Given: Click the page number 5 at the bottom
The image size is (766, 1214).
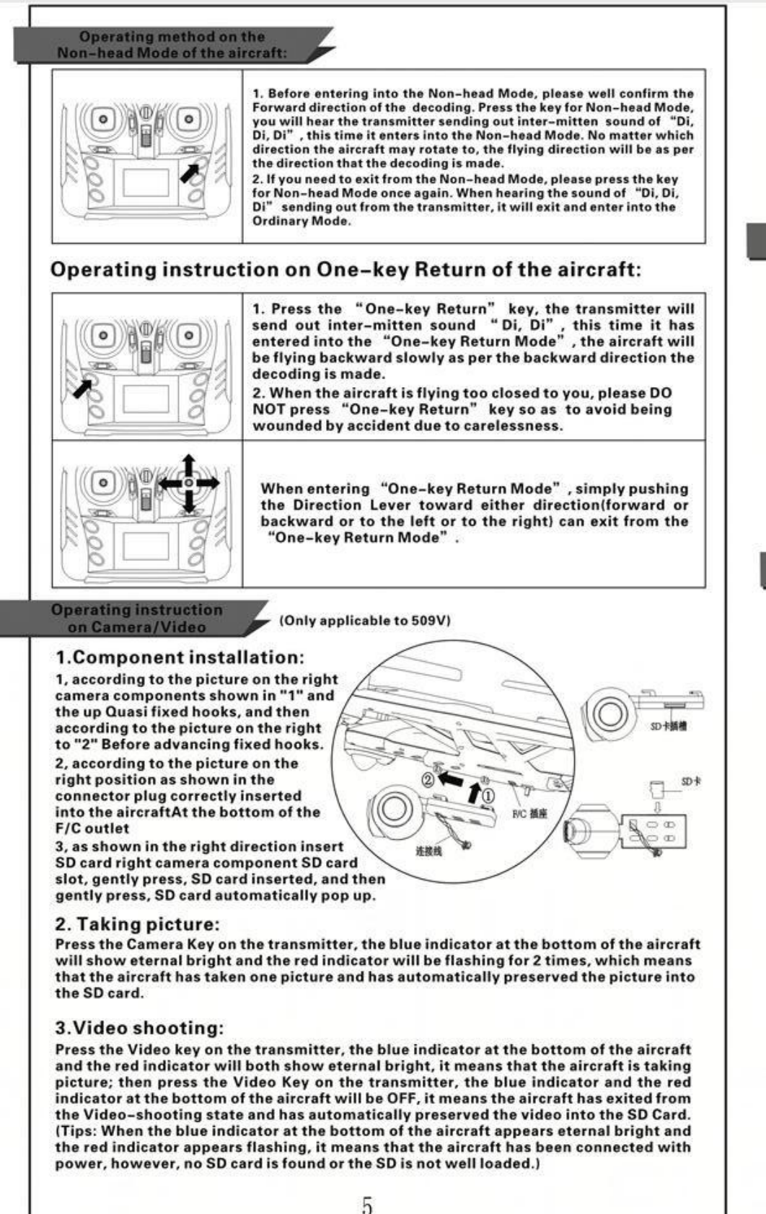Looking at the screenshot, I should coord(367,1205).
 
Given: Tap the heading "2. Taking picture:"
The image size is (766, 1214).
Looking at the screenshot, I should coord(137,924).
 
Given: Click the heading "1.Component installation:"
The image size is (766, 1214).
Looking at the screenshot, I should coord(180,657).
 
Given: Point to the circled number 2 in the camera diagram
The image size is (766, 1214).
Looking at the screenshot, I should coord(427,780).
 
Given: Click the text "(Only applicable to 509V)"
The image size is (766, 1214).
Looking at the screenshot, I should coord(365,621).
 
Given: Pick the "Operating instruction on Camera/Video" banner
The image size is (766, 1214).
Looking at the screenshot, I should coord(137,619).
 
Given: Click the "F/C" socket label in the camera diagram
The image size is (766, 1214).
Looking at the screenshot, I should coord(529,814).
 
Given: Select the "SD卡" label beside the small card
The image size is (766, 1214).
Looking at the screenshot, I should coord(690,781).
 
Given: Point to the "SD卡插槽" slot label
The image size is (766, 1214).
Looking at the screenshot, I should coord(668,726).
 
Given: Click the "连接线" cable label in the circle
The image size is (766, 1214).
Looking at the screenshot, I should coord(428,851).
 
